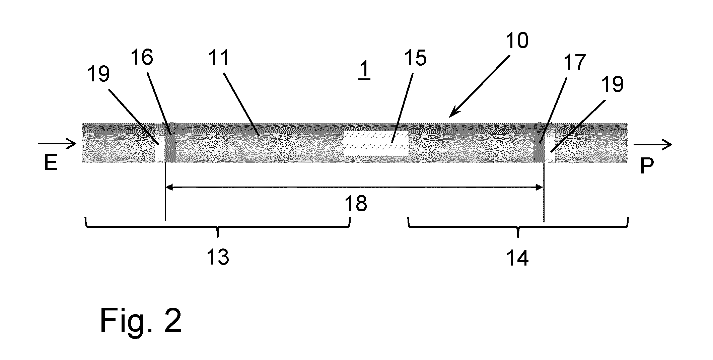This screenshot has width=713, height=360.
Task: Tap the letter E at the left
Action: pos(51,164)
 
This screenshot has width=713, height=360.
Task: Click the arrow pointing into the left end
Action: pos(57,144)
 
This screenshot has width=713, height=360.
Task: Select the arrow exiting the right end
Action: pos(652,145)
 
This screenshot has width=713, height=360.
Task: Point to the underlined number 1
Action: pos(364,71)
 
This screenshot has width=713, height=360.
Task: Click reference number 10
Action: pos(517,41)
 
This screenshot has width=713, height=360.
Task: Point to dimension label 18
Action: pos(356,203)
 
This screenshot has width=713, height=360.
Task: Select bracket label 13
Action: pos(218,257)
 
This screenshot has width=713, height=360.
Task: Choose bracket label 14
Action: pos(517,258)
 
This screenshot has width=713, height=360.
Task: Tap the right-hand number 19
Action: pos(613,84)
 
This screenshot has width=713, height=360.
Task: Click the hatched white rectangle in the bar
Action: pos(376,144)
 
